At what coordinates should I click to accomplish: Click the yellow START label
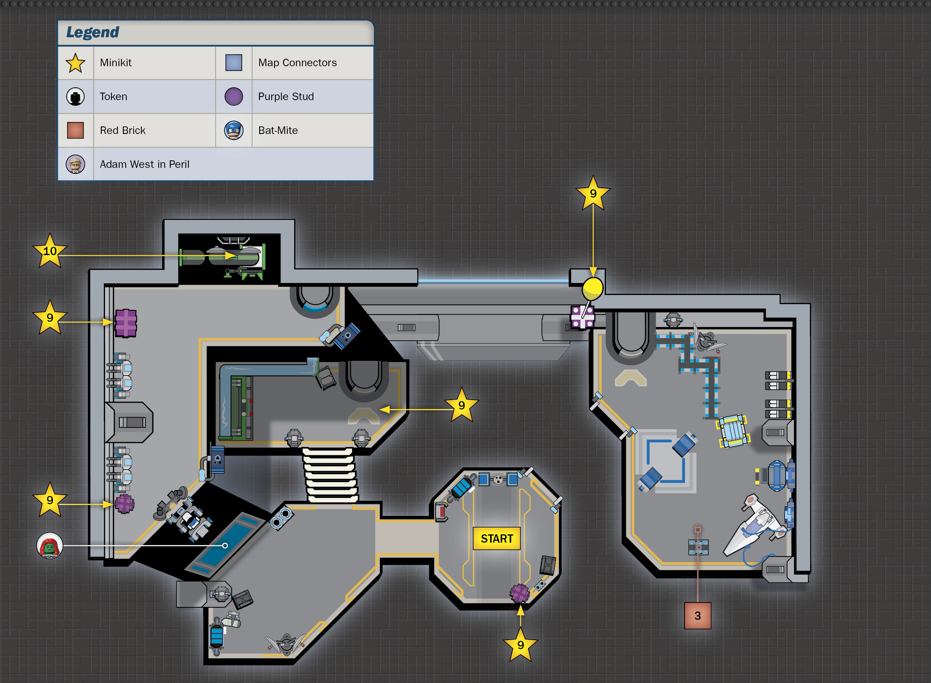(x=496, y=538)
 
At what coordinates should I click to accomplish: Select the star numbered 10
(x=50, y=251)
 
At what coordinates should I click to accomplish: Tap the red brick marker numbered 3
(x=697, y=616)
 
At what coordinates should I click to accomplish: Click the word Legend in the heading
(x=93, y=32)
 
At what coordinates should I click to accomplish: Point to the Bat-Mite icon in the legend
(x=234, y=130)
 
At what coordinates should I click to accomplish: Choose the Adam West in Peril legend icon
(x=75, y=164)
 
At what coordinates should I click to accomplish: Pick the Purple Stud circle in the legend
(x=234, y=96)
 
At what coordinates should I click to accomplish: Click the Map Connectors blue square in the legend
(x=234, y=62)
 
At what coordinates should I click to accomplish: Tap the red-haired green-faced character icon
(x=50, y=546)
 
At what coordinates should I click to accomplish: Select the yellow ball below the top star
(x=592, y=288)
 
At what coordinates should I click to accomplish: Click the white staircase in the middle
(x=330, y=475)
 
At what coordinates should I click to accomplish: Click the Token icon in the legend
(x=75, y=96)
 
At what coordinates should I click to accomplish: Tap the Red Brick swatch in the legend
(x=75, y=130)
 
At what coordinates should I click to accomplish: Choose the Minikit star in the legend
(x=75, y=63)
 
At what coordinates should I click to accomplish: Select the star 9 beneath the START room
(x=520, y=645)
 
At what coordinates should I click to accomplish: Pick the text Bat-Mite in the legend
(x=278, y=130)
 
